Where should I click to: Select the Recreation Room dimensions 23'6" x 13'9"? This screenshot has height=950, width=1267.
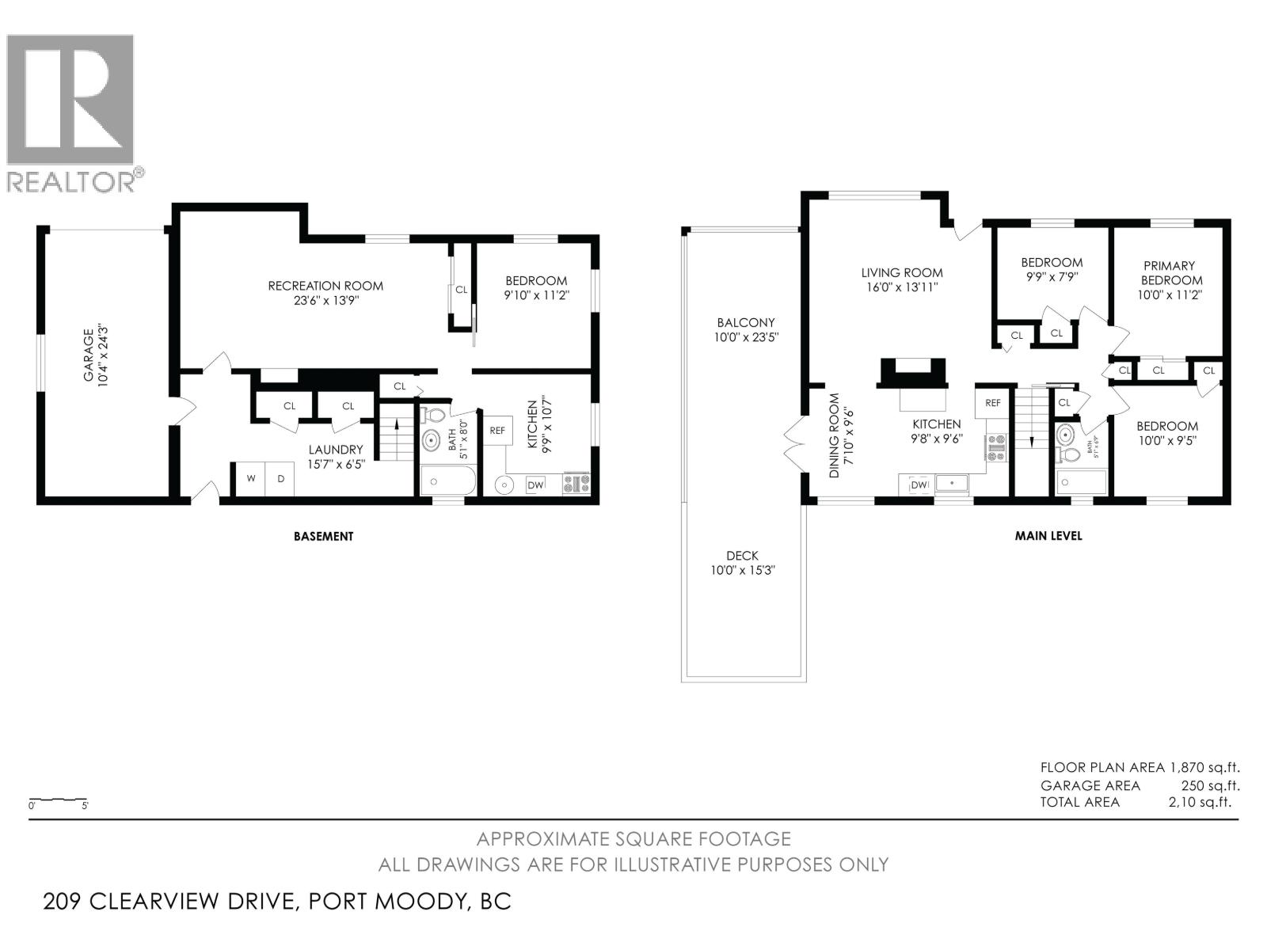pyautogui.click(x=325, y=301)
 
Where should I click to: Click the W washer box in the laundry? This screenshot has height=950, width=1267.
pyautogui.click(x=250, y=479)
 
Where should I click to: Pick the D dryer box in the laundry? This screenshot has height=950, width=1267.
pyautogui.click(x=280, y=479)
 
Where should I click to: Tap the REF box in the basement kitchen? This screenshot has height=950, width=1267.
pyautogui.click(x=497, y=431)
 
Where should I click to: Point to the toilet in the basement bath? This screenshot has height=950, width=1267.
pyautogui.click(x=432, y=416)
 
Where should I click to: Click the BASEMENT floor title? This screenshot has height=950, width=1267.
pyautogui.click(x=323, y=536)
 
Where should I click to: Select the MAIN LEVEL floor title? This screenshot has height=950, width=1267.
pyautogui.click(x=1048, y=536)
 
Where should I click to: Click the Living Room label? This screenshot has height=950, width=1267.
pyautogui.click(x=902, y=272)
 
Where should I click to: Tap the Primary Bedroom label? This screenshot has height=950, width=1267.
pyautogui.click(x=1170, y=273)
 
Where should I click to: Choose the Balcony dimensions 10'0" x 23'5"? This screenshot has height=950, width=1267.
pyautogui.click(x=746, y=337)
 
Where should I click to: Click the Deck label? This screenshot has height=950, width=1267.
pyautogui.click(x=742, y=556)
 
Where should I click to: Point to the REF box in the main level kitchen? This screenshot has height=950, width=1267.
pyautogui.click(x=992, y=403)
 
